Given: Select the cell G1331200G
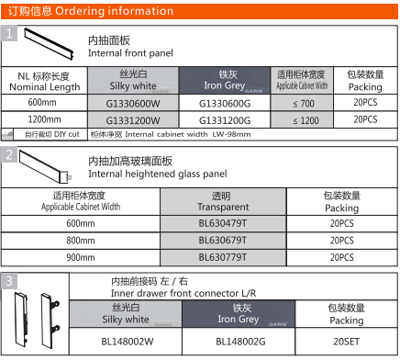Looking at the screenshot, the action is tap(224, 119).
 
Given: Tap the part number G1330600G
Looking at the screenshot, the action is tap(224, 103).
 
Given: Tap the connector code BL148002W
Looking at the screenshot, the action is tap(127, 341).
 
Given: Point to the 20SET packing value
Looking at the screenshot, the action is tap(346, 341).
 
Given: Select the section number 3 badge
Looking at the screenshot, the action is tap(8, 280).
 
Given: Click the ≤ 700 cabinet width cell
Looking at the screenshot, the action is tap(298, 103).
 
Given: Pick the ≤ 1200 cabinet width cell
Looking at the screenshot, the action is tap(298, 119).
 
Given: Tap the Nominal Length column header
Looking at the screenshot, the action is tap(42, 79).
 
